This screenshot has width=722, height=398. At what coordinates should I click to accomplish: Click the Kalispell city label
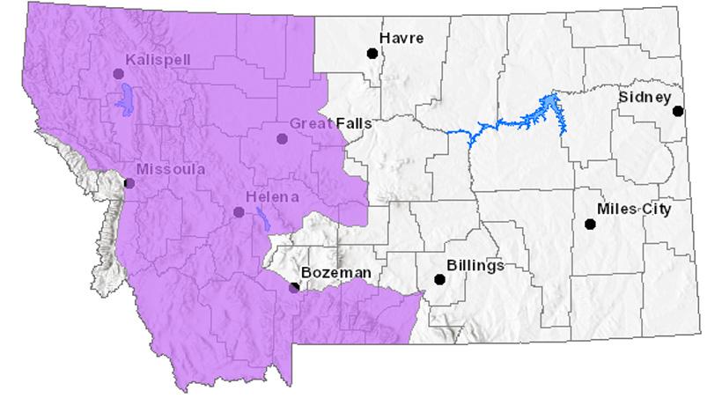pos(158,60)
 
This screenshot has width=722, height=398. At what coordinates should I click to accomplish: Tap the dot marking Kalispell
pos(119,74)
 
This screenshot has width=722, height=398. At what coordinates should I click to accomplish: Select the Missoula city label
pos(171,169)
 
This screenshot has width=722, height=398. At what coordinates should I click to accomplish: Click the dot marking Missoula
pos(129,183)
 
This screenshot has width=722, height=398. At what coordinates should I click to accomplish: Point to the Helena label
pos(273,197)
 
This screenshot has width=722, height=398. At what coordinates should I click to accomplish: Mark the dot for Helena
pos(239,212)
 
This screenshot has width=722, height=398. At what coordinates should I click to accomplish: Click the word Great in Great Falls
pos(310,124)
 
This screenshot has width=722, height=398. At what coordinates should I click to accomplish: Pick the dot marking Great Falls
pos(282,138)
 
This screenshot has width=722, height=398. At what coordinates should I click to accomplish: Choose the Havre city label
pos(402,38)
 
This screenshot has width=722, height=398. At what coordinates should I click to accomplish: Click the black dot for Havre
pos(372,53)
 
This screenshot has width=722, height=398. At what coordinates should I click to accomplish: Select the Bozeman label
pos(335,273)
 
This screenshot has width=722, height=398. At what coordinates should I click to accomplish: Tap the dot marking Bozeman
pos(294,287)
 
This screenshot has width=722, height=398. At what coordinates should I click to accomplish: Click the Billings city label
pos(475,265)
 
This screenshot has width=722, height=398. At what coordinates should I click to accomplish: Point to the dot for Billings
pos(439,280)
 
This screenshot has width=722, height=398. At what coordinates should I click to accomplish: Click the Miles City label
pos(633,210)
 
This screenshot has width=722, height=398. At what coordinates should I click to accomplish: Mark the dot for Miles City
pos(590,225)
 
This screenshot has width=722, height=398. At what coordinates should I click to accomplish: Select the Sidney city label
pos(645,97)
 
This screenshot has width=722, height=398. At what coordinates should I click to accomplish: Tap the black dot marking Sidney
pos(678,111)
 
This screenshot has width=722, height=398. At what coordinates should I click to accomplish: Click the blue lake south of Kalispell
pos(124,99)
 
